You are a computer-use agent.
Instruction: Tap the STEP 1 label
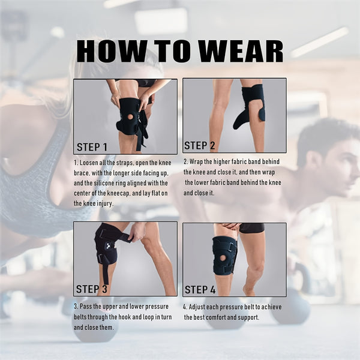click(x=92, y=146)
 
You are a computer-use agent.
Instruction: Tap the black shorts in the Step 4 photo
click(x=251, y=228)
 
